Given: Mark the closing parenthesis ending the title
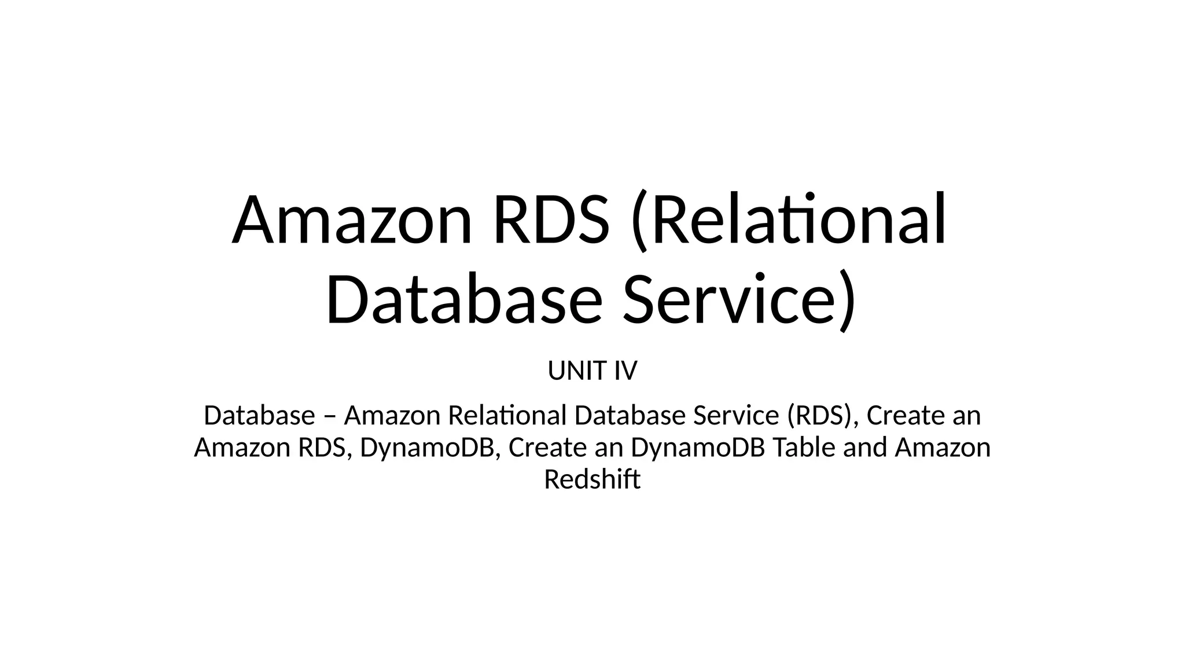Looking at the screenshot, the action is coord(847,302).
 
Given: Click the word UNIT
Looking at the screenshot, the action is coord(575,371).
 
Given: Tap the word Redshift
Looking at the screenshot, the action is coord(592,479).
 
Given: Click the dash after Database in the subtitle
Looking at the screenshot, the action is coord(329,417).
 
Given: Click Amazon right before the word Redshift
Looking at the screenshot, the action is coord(943,448).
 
